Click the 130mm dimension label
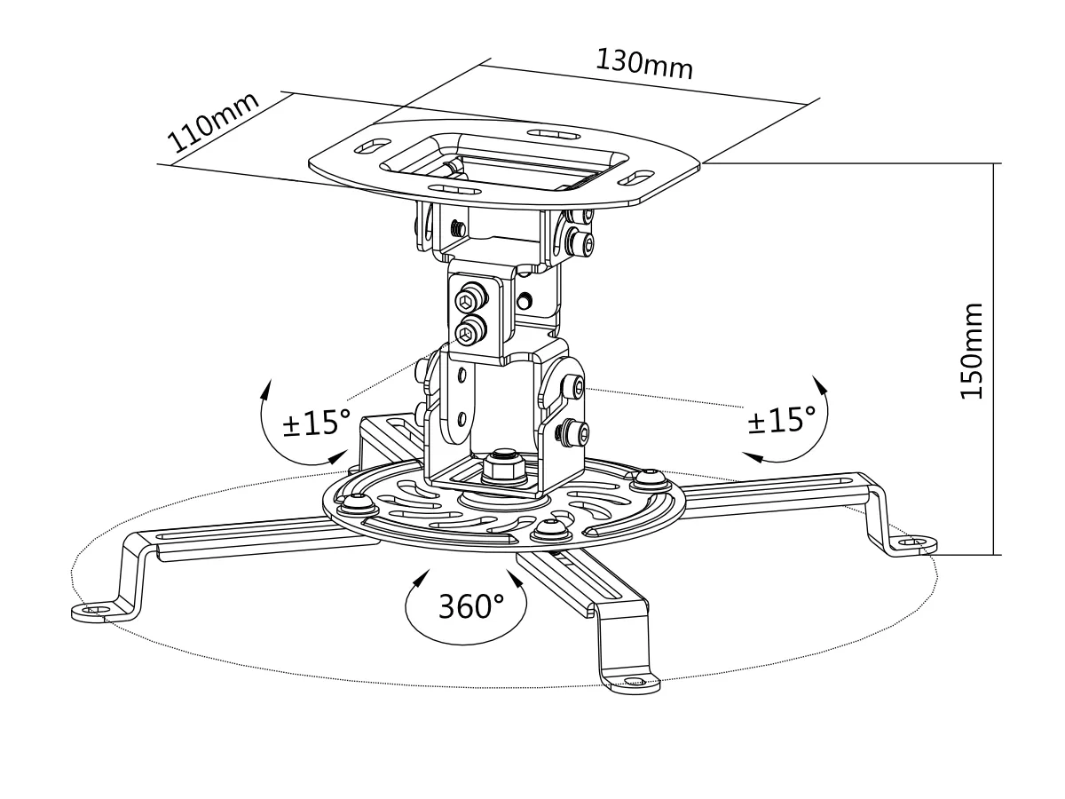[x=643, y=64]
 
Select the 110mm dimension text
[x=214, y=123]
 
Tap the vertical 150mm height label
[x=973, y=352]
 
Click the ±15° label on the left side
[x=317, y=423]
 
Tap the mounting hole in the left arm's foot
[x=94, y=611]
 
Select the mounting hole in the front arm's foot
[x=632, y=683]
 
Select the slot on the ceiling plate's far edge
[x=550, y=133]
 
